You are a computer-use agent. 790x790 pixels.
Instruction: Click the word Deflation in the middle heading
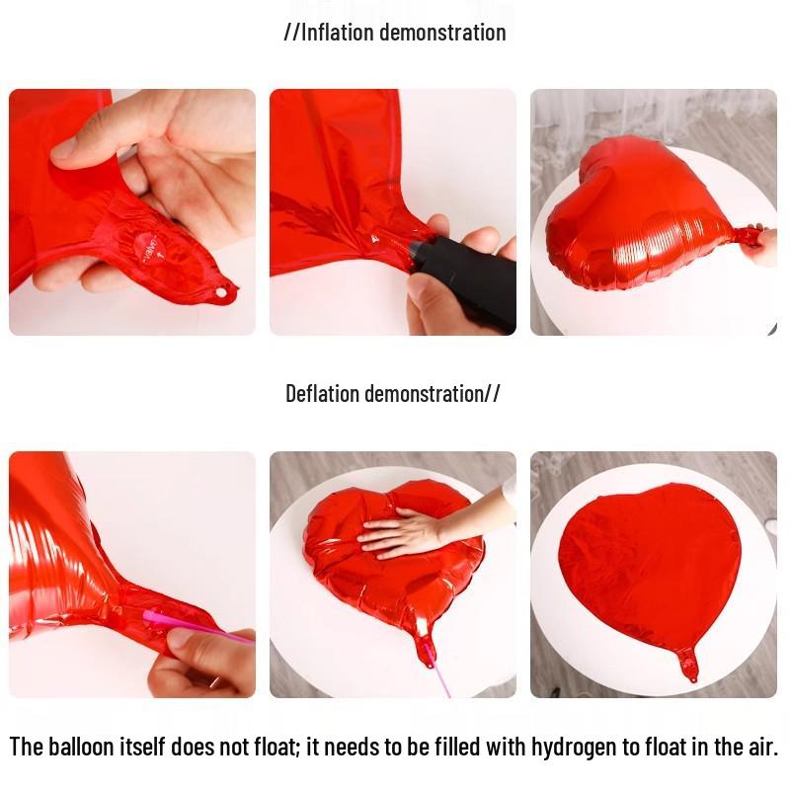coord(323,394)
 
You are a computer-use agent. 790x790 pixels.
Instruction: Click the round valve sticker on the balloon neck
coord(151,244)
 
